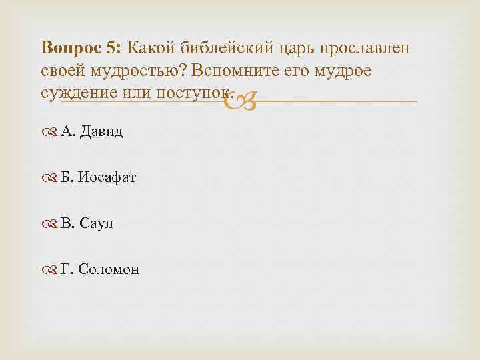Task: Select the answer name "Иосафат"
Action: click(x=107, y=177)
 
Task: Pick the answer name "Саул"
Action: click(x=97, y=223)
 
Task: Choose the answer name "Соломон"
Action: click(x=109, y=269)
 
